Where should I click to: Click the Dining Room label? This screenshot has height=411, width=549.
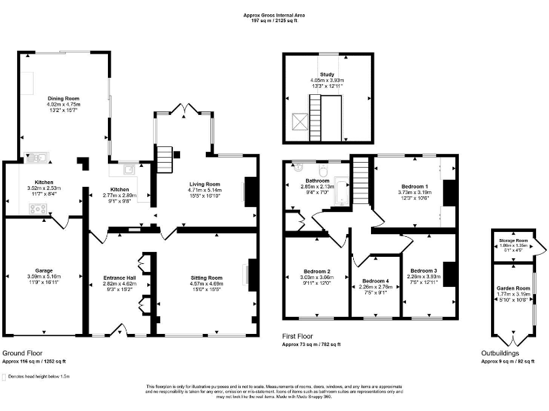click(64, 98)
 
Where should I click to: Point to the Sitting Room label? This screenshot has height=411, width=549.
click(206, 278)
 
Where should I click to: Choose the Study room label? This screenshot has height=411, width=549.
click(327, 74)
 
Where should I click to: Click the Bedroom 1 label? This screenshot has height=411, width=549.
click(412, 186)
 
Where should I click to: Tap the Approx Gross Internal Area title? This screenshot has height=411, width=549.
click(274, 14)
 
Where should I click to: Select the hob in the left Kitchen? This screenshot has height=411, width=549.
click(37, 208)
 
